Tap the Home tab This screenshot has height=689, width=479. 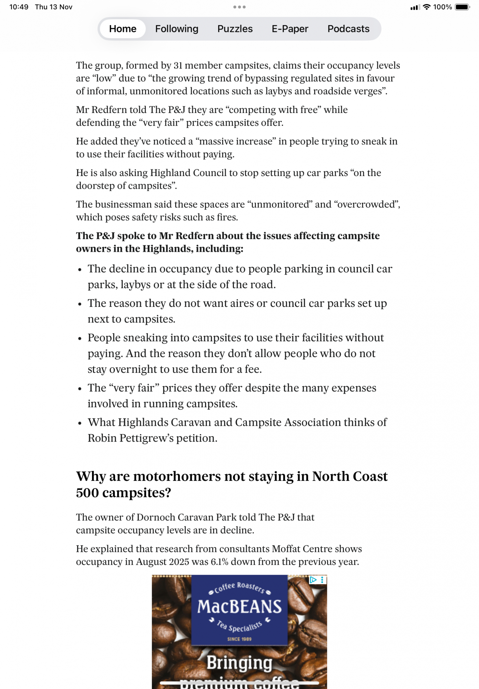coord(123,29)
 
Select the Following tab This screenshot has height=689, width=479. coord(176,29)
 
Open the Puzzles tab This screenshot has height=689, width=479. coord(235,29)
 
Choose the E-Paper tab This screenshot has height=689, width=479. coord(290,29)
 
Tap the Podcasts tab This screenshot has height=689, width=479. coord(348,29)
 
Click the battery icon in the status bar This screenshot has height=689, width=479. coord(462,7)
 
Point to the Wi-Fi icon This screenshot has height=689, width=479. coord(427,7)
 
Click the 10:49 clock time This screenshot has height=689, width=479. coord(19,7)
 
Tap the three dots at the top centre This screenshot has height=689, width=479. coord(239,7)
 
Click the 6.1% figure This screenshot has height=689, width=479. coord(220,562)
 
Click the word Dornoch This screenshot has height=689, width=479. coord(154,517)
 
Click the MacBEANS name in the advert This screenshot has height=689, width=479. coord(239,607)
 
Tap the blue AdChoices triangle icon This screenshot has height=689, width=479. coord(313,580)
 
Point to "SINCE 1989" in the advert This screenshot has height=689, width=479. coord(239,639)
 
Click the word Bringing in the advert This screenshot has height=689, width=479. coord(239,663)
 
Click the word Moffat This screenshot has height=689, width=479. coord(285,549)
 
